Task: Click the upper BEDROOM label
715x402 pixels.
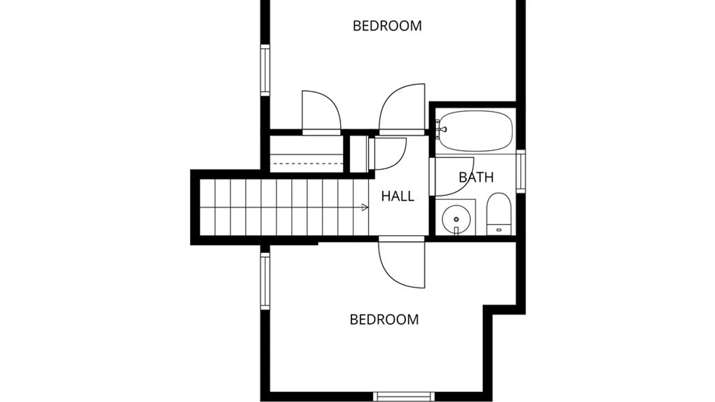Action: click(387, 26)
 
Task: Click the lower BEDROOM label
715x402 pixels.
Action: click(384, 320)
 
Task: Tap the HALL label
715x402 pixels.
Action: click(397, 196)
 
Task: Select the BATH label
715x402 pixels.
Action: click(476, 177)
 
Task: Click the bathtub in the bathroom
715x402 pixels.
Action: click(476, 131)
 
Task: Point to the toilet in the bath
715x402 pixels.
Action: click(499, 214)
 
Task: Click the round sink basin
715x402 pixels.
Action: click(456, 219)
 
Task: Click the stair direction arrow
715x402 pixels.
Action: click(365, 207)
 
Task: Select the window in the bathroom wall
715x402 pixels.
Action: click(521, 172)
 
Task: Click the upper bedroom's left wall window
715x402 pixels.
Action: click(265, 70)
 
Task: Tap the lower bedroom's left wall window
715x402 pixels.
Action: click(265, 281)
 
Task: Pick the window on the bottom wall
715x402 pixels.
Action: click(404, 396)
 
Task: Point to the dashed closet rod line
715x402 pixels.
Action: click(306, 164)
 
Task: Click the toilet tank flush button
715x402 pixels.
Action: click(499, 230)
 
